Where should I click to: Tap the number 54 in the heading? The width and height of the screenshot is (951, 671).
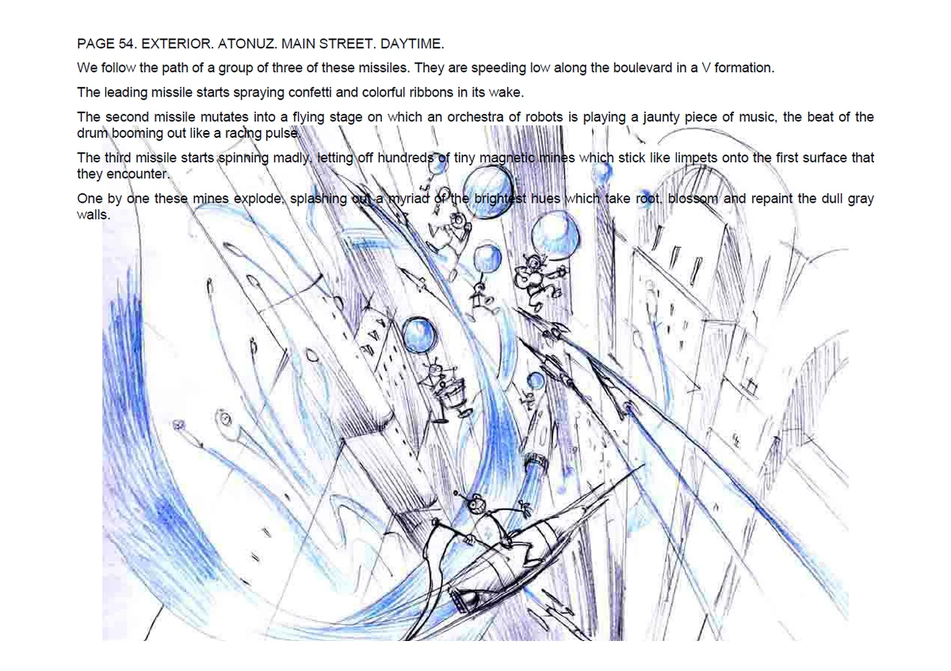(126, 44)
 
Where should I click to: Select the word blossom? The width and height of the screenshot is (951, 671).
(692, 199)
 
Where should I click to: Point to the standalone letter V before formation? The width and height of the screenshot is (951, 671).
(706, 68)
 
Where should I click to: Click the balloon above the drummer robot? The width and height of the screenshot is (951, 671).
(418, 335)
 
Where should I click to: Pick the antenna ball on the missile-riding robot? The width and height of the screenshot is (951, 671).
(456, 494)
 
